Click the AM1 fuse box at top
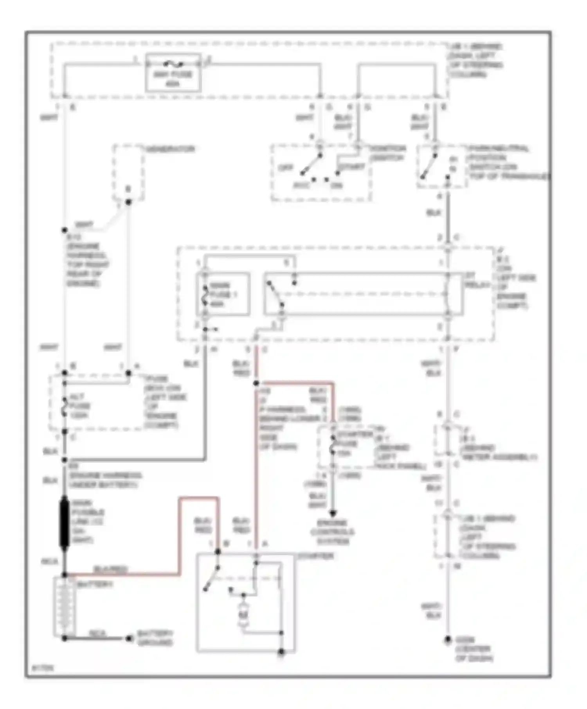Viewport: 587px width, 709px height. (x=173, y=73)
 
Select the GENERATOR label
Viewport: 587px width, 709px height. (x=170, y=149)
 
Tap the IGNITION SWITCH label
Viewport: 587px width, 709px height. (x=387, y=153)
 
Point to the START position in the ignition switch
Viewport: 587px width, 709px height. (x=351, y=167)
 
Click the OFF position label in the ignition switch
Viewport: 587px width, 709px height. (x=285, y=168)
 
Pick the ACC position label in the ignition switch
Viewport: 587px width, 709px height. (x=301, y=185)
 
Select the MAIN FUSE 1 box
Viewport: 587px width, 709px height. (x=223, y=294)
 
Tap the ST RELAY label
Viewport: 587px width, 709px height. (x=477, y=280)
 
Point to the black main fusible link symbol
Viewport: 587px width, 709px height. (x=64, y=521)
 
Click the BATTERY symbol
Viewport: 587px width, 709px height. (x=64, y=607)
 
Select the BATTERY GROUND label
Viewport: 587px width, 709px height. (x=155, y=638)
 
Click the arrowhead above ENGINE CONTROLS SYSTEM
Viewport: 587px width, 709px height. (x=332, y=513)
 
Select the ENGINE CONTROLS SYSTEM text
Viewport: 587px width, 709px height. (x=332, y=532)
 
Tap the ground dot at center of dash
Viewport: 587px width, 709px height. (x=448, y=640)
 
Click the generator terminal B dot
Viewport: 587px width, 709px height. (x=128, y=202)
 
